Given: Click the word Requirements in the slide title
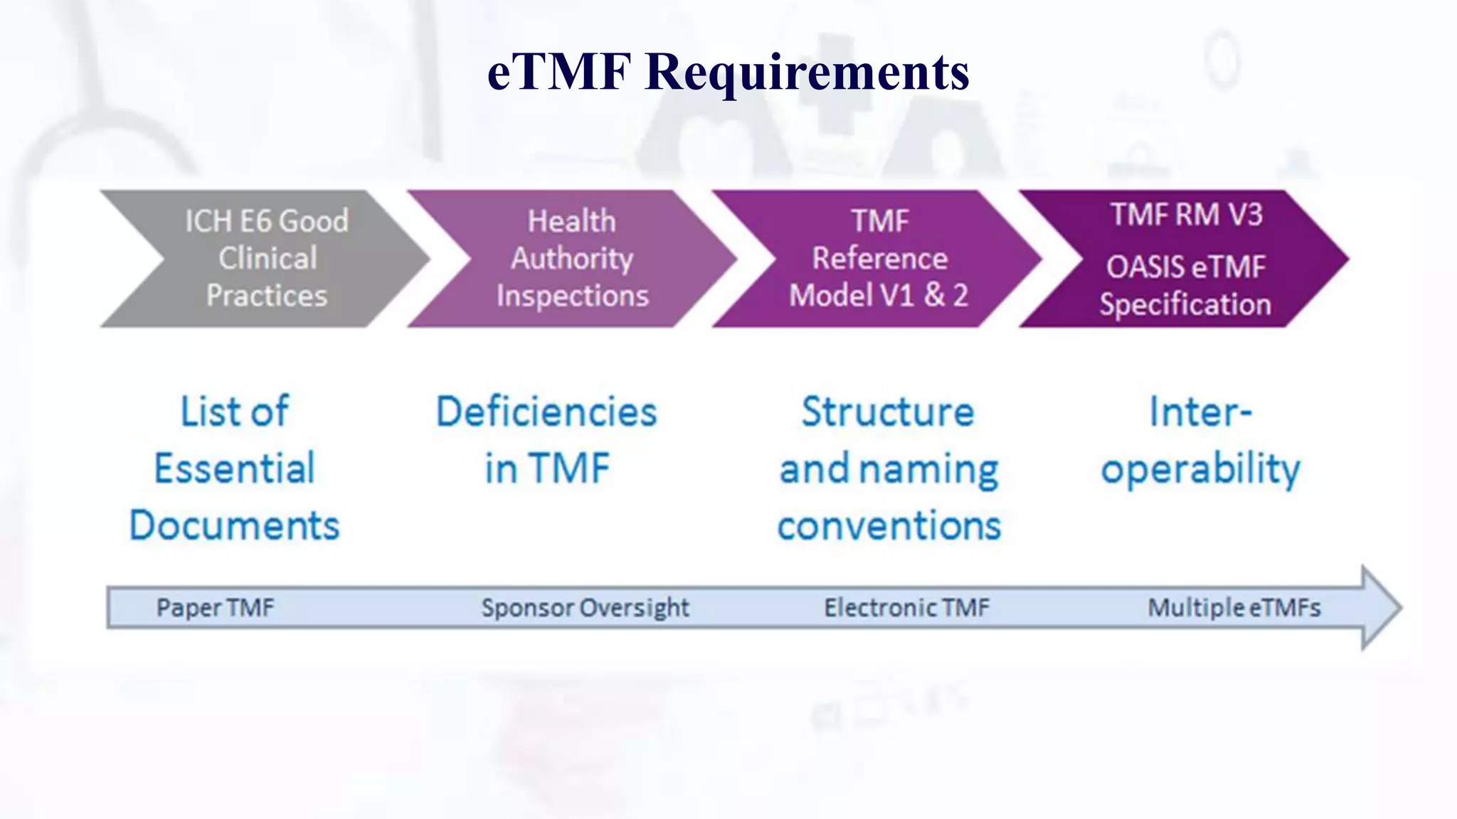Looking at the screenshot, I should click(807, 73).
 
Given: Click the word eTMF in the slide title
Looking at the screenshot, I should click(559, 73).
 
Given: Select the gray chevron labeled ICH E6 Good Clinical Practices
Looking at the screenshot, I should click(267, 259).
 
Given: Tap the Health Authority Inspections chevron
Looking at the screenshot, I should click(572, 259).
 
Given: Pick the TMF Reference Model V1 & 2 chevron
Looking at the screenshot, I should click(879, 259).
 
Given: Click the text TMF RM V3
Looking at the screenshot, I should click(1187, 215).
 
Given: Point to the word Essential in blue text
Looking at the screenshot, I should click(235, 469).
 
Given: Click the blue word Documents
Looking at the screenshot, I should click(235, 525).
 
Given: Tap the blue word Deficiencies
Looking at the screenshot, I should click(546, 412).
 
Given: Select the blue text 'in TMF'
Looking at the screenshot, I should click(546, 469).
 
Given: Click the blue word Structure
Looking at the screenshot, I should click(888, 412).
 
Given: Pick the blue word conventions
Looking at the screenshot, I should click(889, 526).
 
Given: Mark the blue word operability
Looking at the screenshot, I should click(1201, 470).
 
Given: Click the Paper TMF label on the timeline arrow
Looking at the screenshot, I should click(215, 608).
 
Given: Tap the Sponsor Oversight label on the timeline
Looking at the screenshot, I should click(585, 608).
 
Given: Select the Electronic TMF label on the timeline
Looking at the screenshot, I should click(906, 608).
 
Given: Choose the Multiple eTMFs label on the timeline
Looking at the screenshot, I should click(1234, 608).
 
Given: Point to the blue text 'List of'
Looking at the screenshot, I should click(235, 412).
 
